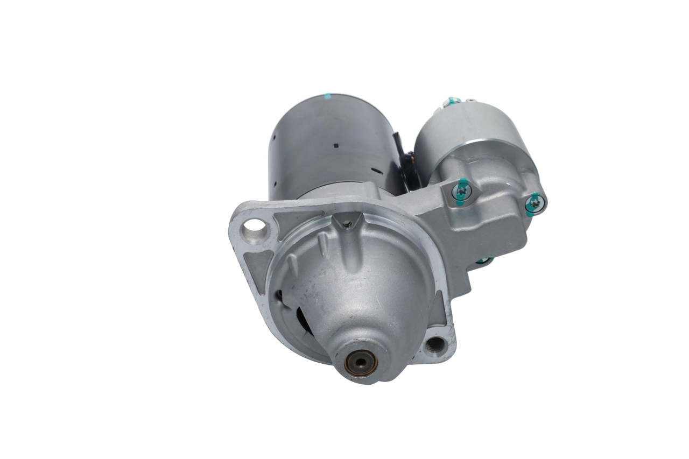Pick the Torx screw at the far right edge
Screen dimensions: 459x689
point(535,203)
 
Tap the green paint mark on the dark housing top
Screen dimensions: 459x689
point(327,97)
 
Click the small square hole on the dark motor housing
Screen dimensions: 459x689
point(336,145)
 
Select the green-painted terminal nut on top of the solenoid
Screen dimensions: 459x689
point(451,101)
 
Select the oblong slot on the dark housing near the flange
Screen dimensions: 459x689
point(377,172)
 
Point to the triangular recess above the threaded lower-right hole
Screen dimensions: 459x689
point(439,312)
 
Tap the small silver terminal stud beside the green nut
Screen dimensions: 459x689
point(471,101)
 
